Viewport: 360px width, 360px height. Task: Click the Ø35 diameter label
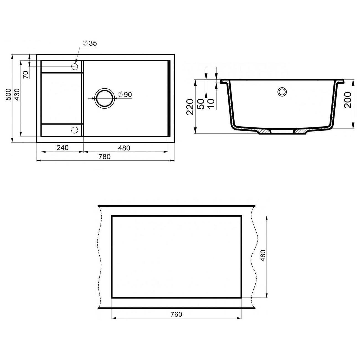coord(89,43)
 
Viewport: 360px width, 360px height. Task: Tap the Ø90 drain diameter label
coord(125,94)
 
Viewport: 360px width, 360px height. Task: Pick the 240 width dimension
coord(63,148)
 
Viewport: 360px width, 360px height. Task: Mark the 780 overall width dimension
coord(105,157)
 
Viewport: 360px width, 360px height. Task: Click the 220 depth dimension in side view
coord(190,107)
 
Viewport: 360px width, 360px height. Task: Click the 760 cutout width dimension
coord(176,314)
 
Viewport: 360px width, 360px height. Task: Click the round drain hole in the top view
coord(104,98)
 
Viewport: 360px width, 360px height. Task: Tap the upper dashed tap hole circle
coord(74,66)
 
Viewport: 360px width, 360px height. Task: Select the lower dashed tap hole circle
coord(74,130)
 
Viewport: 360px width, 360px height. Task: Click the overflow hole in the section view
coord(282,92)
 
